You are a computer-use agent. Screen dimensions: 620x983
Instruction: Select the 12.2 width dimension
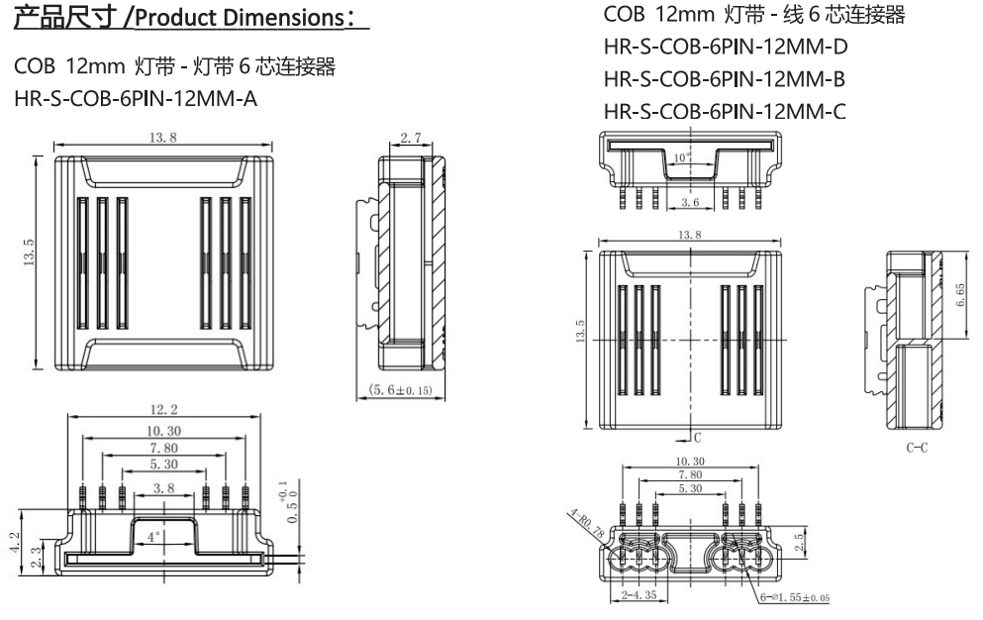(x=163, y=410)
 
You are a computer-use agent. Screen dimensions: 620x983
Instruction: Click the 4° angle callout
(x=151, y=539)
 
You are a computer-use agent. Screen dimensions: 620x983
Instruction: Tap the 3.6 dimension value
(x=691, y=202)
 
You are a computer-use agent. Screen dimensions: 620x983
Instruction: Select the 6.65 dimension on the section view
(x=960, y=294)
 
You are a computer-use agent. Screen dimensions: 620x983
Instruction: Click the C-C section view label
(x=918, y=447)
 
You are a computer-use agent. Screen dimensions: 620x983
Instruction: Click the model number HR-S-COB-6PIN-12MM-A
(x=136, y=100)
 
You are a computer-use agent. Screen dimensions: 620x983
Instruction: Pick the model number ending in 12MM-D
(x=725, y=47)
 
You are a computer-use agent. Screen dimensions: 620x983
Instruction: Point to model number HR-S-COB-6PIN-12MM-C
(x=724, y=111)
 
